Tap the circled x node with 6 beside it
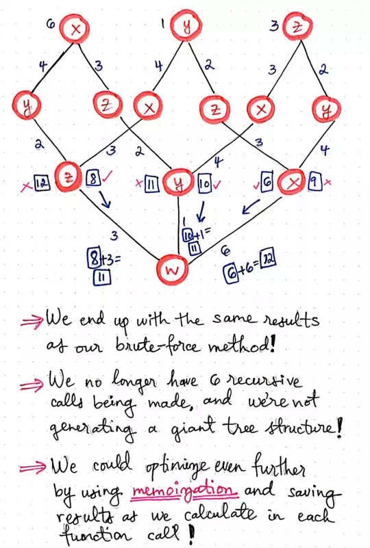(x=74, y=30)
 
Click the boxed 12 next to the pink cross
(x=42, y=183)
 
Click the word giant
(x=190, y=427)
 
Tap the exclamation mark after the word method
(x=272, y=345)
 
